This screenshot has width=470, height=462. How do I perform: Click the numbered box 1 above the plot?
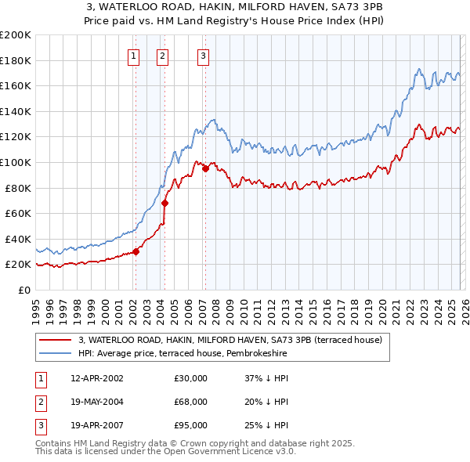pos(134,56)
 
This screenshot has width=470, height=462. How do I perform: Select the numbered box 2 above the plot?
pos(162,56)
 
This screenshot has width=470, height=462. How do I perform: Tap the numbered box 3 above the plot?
pos(203,56)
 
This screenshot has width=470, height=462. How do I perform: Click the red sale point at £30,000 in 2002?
pos(136,251)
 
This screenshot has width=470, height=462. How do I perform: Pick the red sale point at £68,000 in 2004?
pos(165,203)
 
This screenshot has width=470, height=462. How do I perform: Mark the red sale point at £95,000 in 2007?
pos(205,168)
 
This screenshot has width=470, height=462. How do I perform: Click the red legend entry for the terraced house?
pos(230,340)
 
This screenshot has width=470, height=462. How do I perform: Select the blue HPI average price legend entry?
pos(183,354)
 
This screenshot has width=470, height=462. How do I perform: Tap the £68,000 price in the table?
pos(190,402)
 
